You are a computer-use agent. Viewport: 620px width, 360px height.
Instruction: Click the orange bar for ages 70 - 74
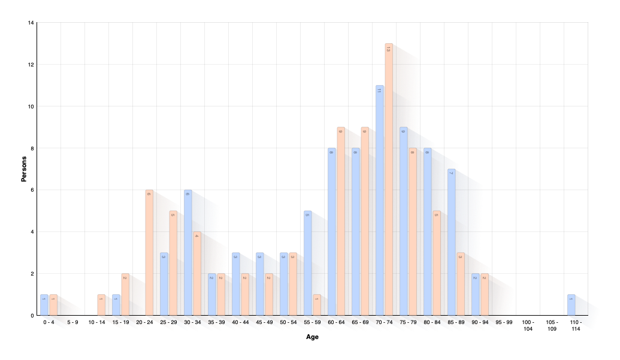point(389,180)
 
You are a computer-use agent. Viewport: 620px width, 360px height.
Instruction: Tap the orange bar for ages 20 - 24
point(149,252)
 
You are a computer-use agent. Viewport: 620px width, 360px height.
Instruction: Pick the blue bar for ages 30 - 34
point(188,252)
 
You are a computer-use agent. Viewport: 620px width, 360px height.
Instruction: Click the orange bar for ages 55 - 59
point(317,305)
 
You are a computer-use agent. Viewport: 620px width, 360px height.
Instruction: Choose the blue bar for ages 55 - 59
point(308,264)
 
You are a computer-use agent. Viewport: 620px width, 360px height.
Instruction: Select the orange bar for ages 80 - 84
point(437,264)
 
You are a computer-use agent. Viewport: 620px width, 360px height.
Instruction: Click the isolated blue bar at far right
point(571,305)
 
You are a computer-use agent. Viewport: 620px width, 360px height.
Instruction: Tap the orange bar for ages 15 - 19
point(125,294)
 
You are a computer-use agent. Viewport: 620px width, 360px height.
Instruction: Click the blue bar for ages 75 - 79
point(404,222)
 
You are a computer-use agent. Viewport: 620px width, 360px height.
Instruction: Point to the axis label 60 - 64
point(336,322)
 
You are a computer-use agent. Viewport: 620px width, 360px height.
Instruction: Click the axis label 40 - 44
point(240,322)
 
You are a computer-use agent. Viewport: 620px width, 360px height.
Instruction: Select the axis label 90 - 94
point(480,322)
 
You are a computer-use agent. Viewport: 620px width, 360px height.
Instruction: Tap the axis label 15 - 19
point(120,322)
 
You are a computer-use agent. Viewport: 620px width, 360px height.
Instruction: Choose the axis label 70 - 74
point(384,322)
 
